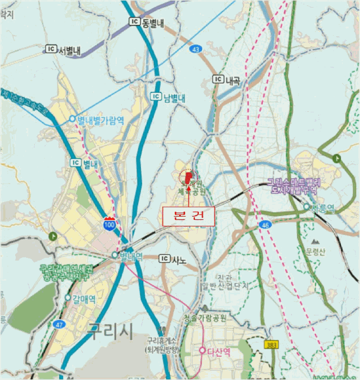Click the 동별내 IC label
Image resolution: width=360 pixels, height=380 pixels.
click(147, 22)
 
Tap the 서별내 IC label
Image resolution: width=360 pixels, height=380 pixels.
click(64, 50)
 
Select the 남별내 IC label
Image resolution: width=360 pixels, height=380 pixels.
click(168, 98)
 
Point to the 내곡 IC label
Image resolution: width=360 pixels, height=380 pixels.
click(228, 79)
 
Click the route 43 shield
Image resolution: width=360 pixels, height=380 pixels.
click(195, 49)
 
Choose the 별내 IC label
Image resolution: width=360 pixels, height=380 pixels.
click(84, 163)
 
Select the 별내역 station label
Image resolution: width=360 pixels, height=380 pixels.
click(127, 255)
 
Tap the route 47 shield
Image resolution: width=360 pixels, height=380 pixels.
click(59, 324)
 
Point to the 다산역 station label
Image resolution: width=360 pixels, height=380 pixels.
click(216, 351)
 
